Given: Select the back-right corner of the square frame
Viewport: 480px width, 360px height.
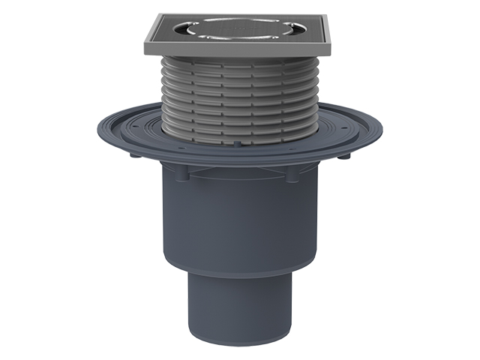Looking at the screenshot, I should (323, 14).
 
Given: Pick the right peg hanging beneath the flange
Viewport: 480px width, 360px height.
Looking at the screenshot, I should (347, 157).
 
